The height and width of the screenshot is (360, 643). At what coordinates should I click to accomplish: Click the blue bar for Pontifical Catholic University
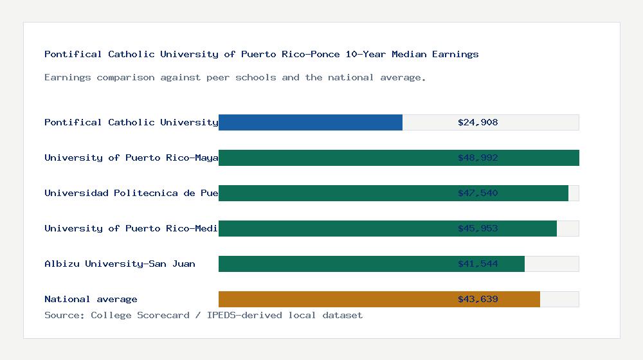point(311,122)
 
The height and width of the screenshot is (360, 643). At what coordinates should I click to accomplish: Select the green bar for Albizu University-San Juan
point(372,264)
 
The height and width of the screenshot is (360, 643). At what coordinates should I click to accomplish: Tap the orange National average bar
point(379,299)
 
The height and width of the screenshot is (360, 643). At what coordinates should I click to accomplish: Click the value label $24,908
point(478,122)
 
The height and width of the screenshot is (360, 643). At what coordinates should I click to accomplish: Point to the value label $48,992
point(478,157)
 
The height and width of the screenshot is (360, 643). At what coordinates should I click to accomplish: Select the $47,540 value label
point(478,193)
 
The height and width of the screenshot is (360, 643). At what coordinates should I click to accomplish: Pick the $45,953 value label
point(478,228)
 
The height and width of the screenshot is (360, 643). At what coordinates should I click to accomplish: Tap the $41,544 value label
point(478,264)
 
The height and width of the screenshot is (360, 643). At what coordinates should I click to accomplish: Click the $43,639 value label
point(478,299)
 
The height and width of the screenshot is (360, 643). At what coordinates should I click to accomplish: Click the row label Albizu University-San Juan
point(120,264)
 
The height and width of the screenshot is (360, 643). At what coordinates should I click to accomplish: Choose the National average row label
point(91,299)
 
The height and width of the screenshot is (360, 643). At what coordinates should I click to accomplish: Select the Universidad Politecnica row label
point(131,193)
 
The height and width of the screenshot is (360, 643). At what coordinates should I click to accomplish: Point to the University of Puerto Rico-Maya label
point(131,157)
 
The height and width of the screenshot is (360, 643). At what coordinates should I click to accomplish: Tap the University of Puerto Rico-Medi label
point(131,228)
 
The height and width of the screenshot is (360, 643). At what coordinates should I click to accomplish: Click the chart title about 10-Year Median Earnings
point(261,54)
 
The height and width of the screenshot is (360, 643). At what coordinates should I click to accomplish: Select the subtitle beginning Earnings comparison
point(235,77)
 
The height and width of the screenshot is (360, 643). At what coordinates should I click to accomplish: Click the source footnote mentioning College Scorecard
point(203,315)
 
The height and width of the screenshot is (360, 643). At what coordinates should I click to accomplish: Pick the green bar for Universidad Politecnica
point(394,193)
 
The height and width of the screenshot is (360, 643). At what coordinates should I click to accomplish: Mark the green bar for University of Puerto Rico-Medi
point(388,228)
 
